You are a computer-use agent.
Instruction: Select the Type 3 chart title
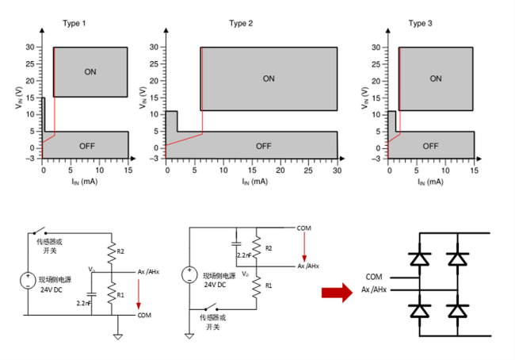(420, 23)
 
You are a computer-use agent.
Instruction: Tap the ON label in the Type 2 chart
(269, 79)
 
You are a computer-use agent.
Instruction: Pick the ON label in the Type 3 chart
(435, 79)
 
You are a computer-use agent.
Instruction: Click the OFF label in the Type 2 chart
(263, 146)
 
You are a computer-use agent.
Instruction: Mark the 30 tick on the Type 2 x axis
(337, 170)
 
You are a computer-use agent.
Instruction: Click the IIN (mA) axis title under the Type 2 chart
(253, 182)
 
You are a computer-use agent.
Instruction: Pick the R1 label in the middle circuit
(270, 285)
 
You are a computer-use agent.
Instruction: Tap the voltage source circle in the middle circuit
(189, 275)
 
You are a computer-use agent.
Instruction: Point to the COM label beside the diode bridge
(375, 277)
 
